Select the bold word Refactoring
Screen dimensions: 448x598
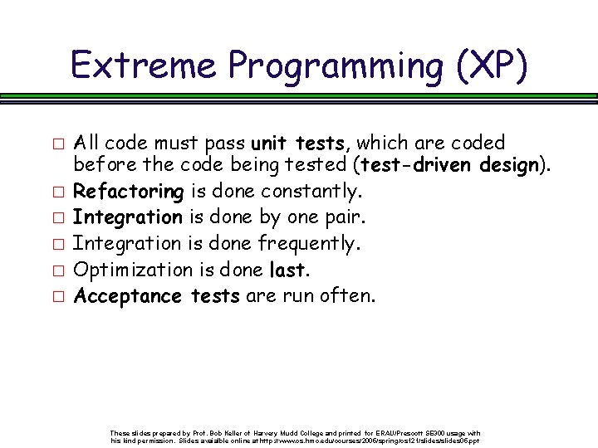point(129,192)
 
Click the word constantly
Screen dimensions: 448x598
point(311,192)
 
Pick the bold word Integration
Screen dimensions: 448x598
point(128,217)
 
